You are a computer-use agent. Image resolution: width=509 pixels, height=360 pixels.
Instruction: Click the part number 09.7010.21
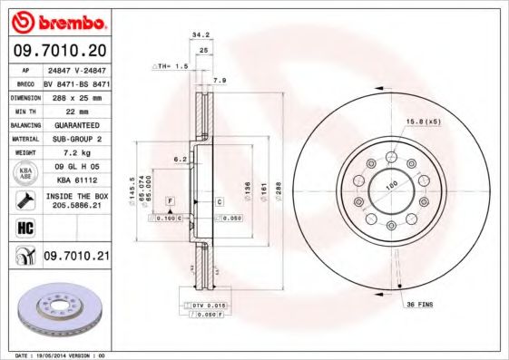(75, 258)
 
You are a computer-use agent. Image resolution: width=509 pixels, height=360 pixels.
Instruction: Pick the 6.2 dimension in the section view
(180, 159)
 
